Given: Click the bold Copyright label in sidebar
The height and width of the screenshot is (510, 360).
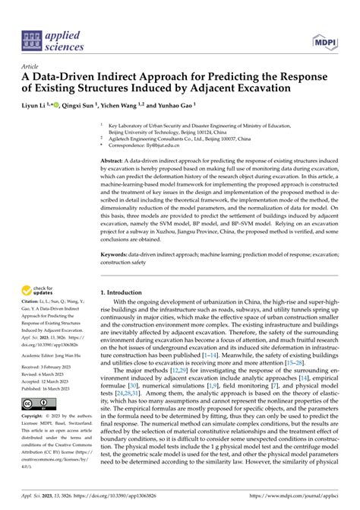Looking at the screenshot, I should pyautogui.click(x=34, y=417).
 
